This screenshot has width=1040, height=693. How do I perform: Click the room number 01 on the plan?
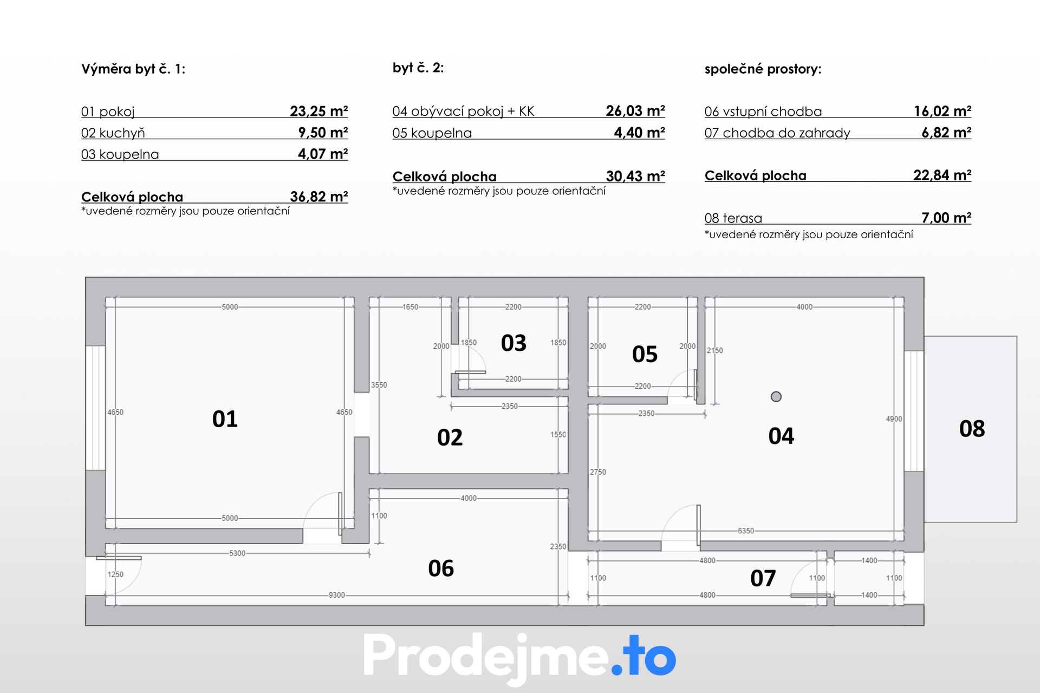pos(225,419)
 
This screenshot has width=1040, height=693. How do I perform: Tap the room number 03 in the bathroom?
pos(513,343)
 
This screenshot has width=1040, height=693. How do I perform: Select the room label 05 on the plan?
pos(645,355)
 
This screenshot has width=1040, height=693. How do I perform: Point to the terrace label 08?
pos(972,429)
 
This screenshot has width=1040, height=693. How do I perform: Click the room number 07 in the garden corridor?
pos(763,579)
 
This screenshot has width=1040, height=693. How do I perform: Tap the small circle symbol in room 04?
pos(776,397)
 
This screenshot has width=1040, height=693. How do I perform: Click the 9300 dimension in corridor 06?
pos(337,595)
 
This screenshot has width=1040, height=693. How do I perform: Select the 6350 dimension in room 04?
pos(746,531)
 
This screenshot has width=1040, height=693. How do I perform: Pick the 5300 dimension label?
pos(237,553)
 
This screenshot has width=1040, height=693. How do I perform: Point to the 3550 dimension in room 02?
pos(379,385)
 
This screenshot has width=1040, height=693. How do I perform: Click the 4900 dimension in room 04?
pos(894,419)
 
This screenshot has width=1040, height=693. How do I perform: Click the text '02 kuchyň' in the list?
pos(113,133)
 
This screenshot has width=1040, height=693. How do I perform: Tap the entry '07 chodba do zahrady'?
pos(777,133)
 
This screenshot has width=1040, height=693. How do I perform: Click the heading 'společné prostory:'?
pos(763,69)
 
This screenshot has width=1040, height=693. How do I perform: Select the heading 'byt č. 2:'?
pos(418,68)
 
